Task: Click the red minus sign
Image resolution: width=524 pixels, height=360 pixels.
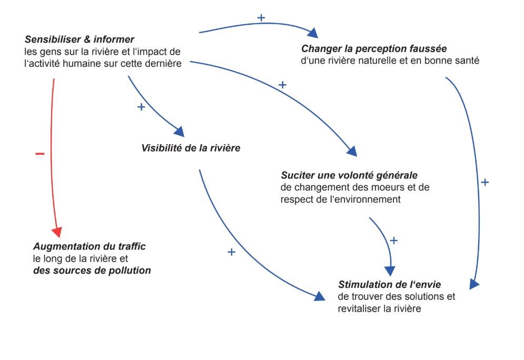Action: pos(40,154)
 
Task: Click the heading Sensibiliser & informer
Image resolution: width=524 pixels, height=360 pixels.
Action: pos(80,39)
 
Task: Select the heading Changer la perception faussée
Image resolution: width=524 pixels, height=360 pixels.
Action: pos(374,49)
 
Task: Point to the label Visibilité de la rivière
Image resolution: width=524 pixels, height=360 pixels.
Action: pos(191,148)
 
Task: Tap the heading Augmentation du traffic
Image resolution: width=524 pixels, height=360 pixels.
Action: pos(89,246)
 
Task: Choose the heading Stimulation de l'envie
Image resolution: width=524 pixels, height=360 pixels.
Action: pos(390,285)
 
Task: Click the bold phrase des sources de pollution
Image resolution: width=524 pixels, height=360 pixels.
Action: pos(92,271)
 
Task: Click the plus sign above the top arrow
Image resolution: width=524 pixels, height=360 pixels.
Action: pos(261,17)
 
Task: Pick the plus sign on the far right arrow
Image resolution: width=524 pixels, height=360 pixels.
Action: pos(485,182)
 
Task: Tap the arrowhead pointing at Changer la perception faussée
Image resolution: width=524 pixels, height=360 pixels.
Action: pos(313,33)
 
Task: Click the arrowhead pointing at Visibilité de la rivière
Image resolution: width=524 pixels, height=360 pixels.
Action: pos(179,131)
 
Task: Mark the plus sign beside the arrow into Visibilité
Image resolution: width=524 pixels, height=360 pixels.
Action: pos(141,107)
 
